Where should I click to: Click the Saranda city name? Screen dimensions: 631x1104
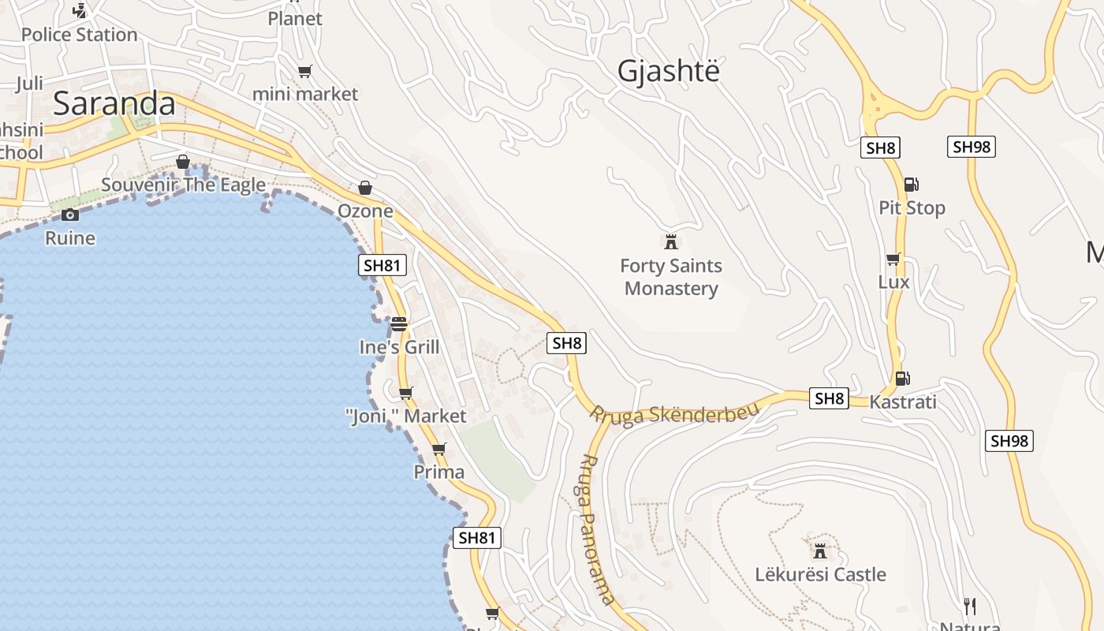114,104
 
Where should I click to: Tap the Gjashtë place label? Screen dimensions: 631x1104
669,71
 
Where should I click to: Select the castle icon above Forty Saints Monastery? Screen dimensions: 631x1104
671,241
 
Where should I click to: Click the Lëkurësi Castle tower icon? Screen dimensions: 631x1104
820,550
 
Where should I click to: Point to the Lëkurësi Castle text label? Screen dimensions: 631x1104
820,574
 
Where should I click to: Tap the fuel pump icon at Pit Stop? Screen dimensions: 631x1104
911,185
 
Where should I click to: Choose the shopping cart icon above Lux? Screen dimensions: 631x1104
893,259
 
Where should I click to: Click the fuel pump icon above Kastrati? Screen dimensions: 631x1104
902,379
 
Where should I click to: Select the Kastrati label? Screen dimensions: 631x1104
903,402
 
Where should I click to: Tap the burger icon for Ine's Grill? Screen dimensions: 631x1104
399,323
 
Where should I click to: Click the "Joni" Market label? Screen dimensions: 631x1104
406,416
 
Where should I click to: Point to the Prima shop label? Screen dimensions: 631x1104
439,472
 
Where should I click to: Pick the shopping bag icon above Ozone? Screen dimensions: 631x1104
364,188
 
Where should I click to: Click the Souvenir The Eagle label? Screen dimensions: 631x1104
183,185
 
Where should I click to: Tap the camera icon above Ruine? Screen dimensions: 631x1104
70,215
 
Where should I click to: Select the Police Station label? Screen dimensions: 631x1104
79,35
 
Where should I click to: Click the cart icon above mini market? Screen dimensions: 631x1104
305,72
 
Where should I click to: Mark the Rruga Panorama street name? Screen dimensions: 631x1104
596,528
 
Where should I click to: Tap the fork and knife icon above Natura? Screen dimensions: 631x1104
970,606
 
